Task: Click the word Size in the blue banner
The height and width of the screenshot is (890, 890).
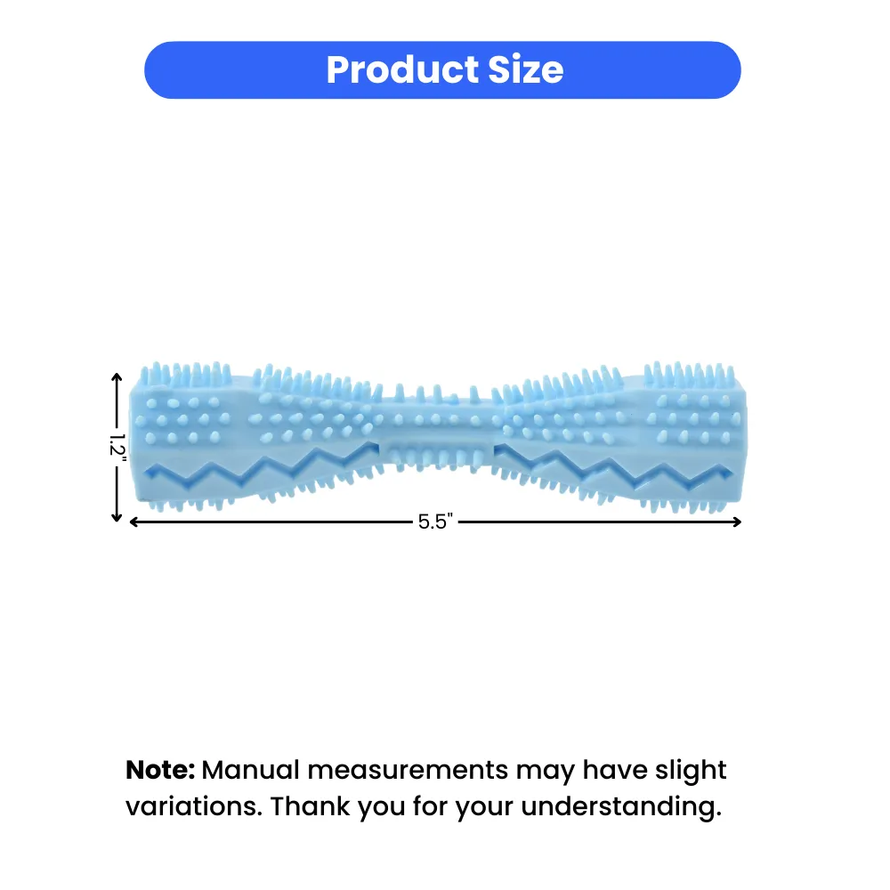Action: pos(526,69)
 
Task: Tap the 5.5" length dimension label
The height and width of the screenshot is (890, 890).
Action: pos(435,522)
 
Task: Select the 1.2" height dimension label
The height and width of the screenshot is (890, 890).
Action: pos(117,444)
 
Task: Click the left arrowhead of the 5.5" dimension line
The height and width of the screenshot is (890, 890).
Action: pos(134,522)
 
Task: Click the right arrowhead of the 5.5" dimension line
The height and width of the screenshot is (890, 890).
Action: pos(737,522)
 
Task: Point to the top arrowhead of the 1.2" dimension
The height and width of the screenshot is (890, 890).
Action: pos(117,377)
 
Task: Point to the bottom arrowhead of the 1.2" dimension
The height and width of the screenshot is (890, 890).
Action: pos(117,517)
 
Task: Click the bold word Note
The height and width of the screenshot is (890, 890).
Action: pos(160,770)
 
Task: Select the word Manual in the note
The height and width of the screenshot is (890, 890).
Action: pos(250,770)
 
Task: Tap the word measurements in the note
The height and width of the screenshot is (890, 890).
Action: pos(408,771)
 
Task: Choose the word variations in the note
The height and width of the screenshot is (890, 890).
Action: pos(193,806)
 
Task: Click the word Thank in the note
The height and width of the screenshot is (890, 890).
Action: pos(310,806)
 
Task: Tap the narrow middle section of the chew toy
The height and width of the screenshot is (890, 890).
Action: pos(437,433)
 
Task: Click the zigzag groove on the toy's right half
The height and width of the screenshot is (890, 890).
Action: pos(613,466)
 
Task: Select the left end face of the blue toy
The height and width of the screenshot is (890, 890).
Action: pos(134,440)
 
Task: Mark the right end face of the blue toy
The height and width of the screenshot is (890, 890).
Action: pos(742,440)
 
